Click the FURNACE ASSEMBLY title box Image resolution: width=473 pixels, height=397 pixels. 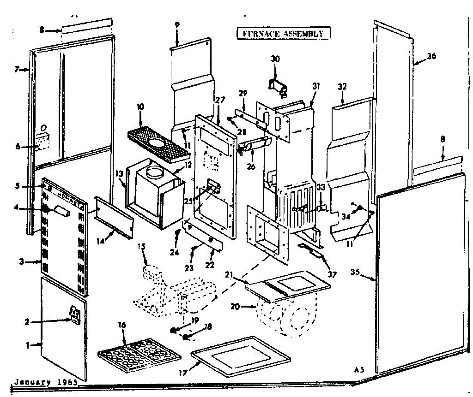[x=284, y=33]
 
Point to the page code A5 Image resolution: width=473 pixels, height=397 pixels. [x=359, y=369]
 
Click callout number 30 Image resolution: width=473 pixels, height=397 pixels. [x=275, y=59]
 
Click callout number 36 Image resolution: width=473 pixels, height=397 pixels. [x=431, y=56]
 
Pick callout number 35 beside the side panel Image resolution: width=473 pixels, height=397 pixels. [x=355, y=272]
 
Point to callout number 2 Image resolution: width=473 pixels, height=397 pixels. [x=27, y=322]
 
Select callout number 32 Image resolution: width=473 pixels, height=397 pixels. [x=342, y=86]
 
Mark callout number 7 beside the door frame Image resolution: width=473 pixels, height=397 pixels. [x=17, y=70]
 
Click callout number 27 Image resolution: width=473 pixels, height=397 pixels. [x=219, y=100]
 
